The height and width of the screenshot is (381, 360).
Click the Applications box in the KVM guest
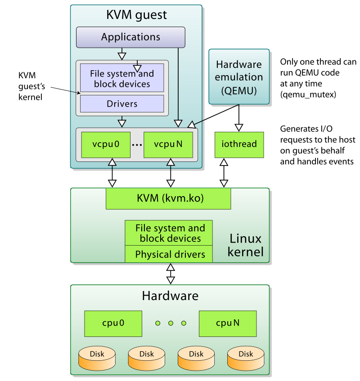coord(130,37)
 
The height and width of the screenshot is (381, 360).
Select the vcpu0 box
coord(106,144)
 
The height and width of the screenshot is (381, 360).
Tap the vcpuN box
coord(168,144)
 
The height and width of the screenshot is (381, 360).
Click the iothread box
coord(239,144)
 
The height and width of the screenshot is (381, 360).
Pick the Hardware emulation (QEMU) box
coord(238,77)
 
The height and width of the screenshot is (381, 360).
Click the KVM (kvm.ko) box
coord(168,198)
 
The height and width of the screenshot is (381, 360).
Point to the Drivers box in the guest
coord(122,104)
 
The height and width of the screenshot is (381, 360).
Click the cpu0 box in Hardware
coord(113,323)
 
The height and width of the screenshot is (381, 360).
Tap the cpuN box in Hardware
coord(227,323)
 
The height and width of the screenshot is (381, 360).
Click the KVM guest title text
coord(136,15)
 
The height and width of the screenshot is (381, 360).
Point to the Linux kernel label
coord(245,245)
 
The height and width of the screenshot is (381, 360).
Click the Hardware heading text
coord(170,296)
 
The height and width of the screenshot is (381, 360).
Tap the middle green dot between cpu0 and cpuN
coord(171,323)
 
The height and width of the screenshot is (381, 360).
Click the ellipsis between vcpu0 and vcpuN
coord(137,145)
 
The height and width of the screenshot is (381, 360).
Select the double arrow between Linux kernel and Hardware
coord(170,273)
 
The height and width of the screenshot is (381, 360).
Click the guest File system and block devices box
coord(122,79)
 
